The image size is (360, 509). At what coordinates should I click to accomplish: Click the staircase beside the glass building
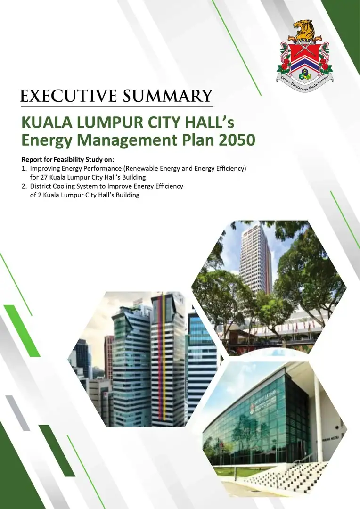286,476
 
